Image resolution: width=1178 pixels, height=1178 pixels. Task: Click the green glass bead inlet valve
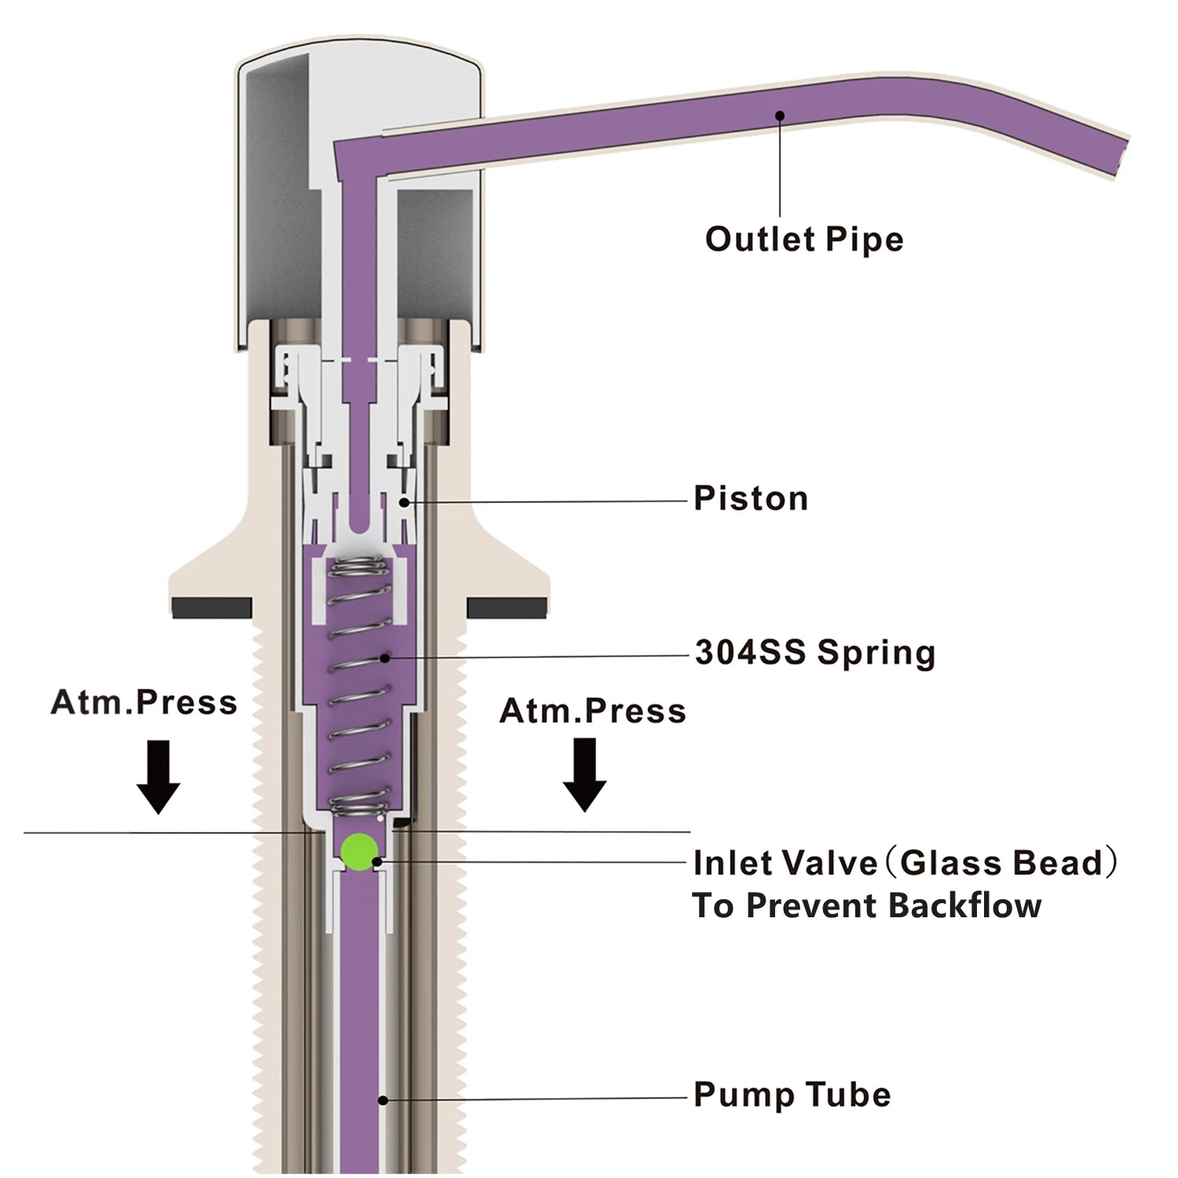[x=358, y=851]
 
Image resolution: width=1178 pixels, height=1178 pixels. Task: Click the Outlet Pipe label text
[x=803, y=240]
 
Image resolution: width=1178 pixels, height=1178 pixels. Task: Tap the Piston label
[x=750, y=499]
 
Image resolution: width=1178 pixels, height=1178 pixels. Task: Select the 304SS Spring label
[x=814, y=653]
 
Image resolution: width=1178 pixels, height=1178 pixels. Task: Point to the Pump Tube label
[x=792, y=1095]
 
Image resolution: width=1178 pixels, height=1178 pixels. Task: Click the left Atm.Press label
[x=144, y=702]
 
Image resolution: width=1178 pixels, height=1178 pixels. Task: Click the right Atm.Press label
[x=592, y=711]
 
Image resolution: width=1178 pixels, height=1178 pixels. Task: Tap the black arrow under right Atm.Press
[x=584, y=774]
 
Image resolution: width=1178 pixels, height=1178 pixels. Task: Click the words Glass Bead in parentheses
[x=1001, y=863]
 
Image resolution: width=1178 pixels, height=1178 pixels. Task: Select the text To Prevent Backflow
[x=866, y=905]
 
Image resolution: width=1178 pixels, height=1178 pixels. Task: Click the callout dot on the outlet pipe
[x=780, y=115]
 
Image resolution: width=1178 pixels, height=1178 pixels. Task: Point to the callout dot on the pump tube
[x=382, y=1100]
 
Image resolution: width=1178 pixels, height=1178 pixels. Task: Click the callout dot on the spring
[x=385, y=657]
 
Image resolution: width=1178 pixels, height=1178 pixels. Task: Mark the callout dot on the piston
[x=404, y=502]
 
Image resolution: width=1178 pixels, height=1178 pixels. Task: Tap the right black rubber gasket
[x=507, y=607]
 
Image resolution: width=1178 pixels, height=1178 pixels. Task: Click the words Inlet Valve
[x=784, y=863]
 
